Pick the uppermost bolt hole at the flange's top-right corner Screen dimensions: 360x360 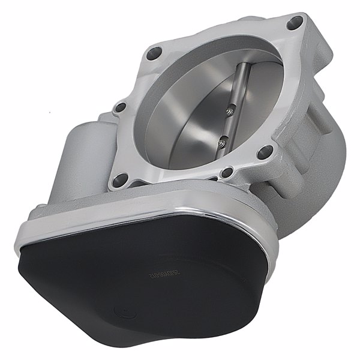(x=295, y=24)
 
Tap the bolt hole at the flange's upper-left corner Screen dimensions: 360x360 (x=154, y=52)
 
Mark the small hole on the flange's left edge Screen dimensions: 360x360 (x=121, y=108)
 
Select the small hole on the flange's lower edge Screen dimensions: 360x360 (x=226, y=173)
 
